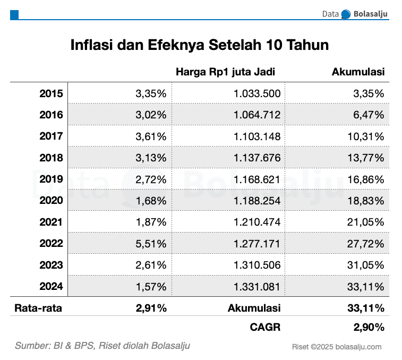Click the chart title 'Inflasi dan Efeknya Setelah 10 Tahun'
(200, 45)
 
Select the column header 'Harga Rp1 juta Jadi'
(225, 72)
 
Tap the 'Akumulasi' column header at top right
(358, 72)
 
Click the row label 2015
(51, 94)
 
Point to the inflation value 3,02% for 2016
(151, 115)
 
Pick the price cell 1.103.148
(257, 136)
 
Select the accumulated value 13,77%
(366, 158)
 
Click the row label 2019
(51, 179)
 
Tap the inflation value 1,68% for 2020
(151, 201)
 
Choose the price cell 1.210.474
(257, 222)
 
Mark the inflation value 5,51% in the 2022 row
(151, 244)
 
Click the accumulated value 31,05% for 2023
(366, 265)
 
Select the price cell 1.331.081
(257, 287)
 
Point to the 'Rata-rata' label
(38, 307)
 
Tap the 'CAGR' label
(265, 328)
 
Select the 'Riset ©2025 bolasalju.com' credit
(337, 347)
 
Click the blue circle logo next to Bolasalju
(346, 14)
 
